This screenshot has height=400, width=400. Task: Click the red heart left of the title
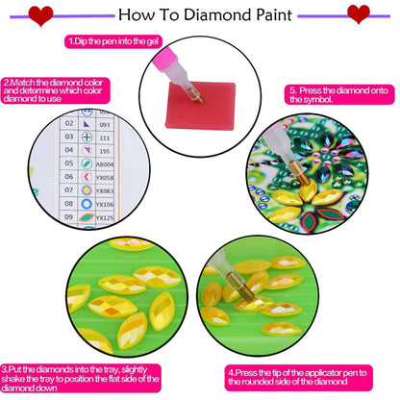click(x=40, y=14)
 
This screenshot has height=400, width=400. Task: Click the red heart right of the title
click(x=358, y=14)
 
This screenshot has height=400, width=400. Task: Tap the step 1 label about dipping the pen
click(x=112, y=42)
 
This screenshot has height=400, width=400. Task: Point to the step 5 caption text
click(x=336, y=95)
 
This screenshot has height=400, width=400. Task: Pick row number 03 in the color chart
click(x=68, y=137)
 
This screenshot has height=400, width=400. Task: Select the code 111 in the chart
click(x=104, y=137)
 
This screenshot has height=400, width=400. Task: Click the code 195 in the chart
click(x=104, y=150)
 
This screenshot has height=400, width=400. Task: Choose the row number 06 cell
click(x=68, y=177)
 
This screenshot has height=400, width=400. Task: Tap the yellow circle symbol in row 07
click(x=87, y=190)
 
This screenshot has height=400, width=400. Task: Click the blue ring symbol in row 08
click(x=87, y=204)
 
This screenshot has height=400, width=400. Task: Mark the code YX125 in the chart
click(x=106, y=218)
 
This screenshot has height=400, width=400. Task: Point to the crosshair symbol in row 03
click(x=87, y=137)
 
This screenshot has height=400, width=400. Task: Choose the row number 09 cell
click(x=68, y=218)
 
